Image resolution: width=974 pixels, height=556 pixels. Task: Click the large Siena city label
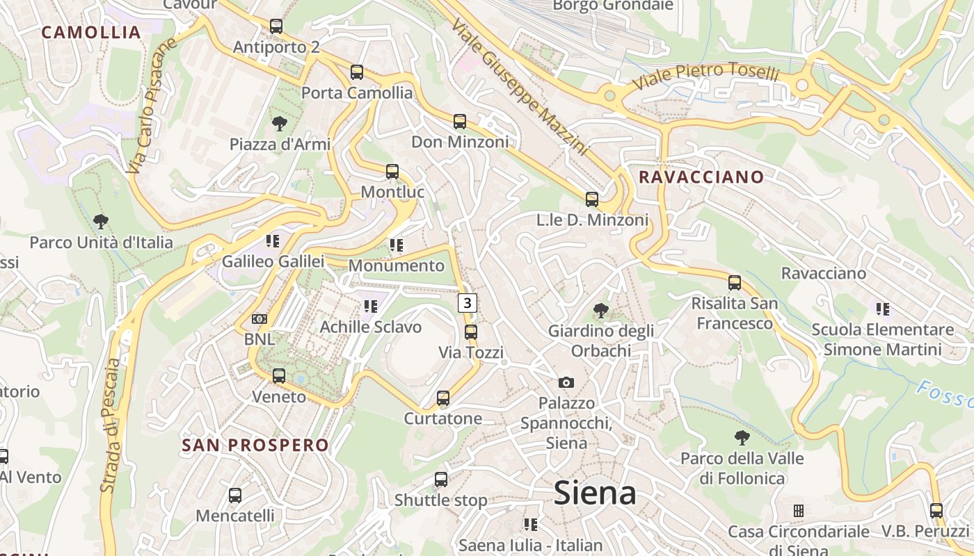point(595,493)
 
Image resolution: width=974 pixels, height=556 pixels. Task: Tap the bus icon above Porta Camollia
point(357,72)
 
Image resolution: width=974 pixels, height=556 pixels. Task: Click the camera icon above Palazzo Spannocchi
point(566,382)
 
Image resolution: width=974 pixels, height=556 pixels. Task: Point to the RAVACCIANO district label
point(701,177)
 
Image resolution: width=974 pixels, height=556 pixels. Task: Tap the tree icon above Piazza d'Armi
point(280,124)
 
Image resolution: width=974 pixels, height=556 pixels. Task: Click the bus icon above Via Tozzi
point(471,332)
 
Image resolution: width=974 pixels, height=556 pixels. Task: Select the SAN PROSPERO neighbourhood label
point(255,445)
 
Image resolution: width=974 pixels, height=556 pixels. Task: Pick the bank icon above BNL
point(260,319)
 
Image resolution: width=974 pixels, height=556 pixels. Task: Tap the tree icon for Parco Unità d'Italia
point(101,222)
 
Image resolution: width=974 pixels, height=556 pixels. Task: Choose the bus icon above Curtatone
point(443,398)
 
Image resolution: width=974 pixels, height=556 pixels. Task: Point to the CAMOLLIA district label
point(91,32)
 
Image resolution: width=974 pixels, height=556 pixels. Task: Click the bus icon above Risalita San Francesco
point(735,283)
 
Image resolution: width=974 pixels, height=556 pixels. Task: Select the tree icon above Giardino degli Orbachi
point(600,310)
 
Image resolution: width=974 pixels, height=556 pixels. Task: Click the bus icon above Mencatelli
point(235,496)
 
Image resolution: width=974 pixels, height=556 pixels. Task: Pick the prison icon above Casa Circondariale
point(799,511)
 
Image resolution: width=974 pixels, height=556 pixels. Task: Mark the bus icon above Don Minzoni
point(460,122)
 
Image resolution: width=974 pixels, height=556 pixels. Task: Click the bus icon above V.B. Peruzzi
point(936,511)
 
